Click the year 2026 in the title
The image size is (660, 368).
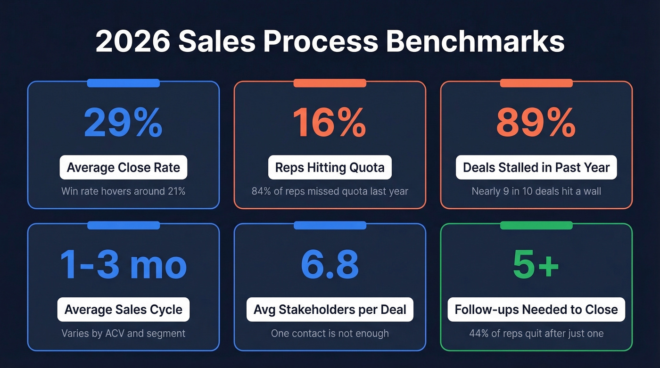click(x=132, y=42)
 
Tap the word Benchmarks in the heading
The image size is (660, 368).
click(x=475, y=42)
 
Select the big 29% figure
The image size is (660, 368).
click(x=124, y=123)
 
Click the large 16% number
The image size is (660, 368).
click(x=330, y=123)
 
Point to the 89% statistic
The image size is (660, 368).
click(x=536, y=123)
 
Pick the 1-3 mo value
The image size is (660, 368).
click(x=124, y=264)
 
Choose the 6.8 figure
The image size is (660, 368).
click(x=330, y=264)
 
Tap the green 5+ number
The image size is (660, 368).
click(x=536, y=264)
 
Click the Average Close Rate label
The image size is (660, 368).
click(x=124, y=167)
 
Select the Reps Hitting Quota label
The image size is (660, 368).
click(x=330, y=167)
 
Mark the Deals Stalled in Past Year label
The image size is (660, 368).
click(x=536, y=167)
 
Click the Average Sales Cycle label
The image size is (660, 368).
click(x=124, y=310)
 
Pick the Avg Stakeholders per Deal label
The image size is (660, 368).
click(x=330, y=310)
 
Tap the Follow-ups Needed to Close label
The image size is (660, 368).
click(x=536, y=310)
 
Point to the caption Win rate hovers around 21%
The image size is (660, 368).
click(x=124, y=192)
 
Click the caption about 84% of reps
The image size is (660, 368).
click(x=330, y=192)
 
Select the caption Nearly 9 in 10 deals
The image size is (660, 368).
click(x=536, y=192)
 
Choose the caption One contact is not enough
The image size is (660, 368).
click(x=330, y=334)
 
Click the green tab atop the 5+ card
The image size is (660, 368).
click(x=536, y=225)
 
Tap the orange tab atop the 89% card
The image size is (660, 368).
click(x=536, y=83)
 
